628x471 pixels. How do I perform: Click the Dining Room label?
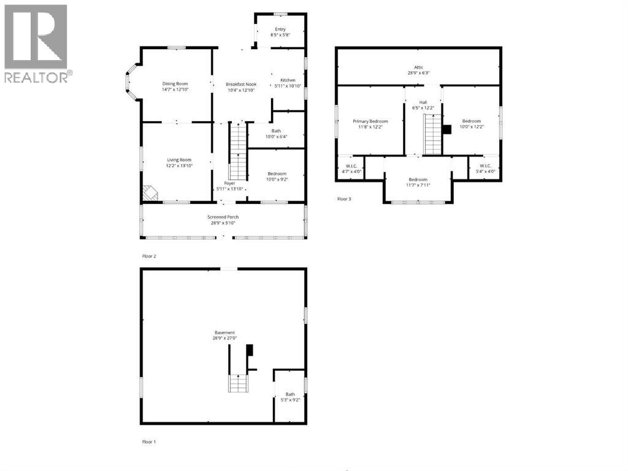(x=175, y=87)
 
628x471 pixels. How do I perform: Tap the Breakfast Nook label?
(x=241, y=87)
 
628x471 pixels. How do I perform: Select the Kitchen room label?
(x=288, y=84)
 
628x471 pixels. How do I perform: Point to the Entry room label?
(x=280, y=32)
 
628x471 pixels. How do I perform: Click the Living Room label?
(x=179, y=163)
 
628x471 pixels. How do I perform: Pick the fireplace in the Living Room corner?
(x=150, y=194)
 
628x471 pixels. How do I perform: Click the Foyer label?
(x=229, y=185)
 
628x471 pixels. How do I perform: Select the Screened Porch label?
(x=223, y=220)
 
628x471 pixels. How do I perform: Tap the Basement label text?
(x=224, y=335)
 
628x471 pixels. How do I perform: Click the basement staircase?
(x=237, y=383)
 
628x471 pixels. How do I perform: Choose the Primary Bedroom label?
(x=370, y=124)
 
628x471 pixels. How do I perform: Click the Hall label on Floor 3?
(x=423, y=105)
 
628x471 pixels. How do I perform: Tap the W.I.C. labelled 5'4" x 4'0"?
(x=484, y=168)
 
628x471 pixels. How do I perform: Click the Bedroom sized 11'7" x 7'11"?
(x=418, y=182)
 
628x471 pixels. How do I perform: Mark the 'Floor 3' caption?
(x=344, y=199)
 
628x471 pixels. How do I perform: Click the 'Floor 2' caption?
(x=149, y=255)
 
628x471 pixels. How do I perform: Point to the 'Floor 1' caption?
(x=149, y=442)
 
